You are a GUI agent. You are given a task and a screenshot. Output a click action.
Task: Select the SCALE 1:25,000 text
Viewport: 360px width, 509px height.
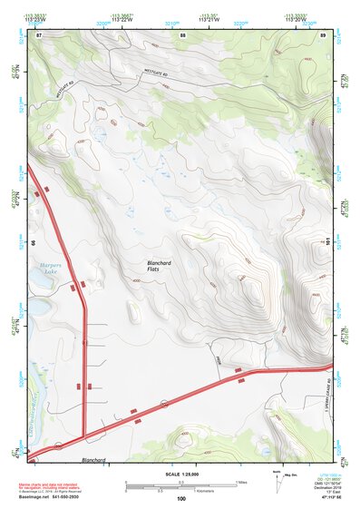pyautogui.click(x=180, y=475)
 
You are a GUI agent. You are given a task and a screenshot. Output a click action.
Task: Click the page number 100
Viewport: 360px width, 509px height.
pyautogui.click(x=180, y=498)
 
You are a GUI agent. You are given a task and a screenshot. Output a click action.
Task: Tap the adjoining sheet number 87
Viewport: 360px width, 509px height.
pyautogui.click(x=39, y=34)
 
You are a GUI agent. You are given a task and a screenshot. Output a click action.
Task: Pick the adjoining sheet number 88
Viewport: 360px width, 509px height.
pyautogui.click(x=183, y=34)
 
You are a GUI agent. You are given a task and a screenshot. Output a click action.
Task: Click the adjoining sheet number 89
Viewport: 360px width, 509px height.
pyautogui.click(x=323, y=34)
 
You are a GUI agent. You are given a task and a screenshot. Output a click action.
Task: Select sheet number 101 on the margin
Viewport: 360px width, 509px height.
pyautogui.click(x=326, y=241)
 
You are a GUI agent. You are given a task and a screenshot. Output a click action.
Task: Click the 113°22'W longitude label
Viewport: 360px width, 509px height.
pyautogui.click(x=120, y=19)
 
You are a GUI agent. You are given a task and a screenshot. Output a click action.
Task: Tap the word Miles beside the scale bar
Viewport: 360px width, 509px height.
pyautogui.click(x=241, y=481)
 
